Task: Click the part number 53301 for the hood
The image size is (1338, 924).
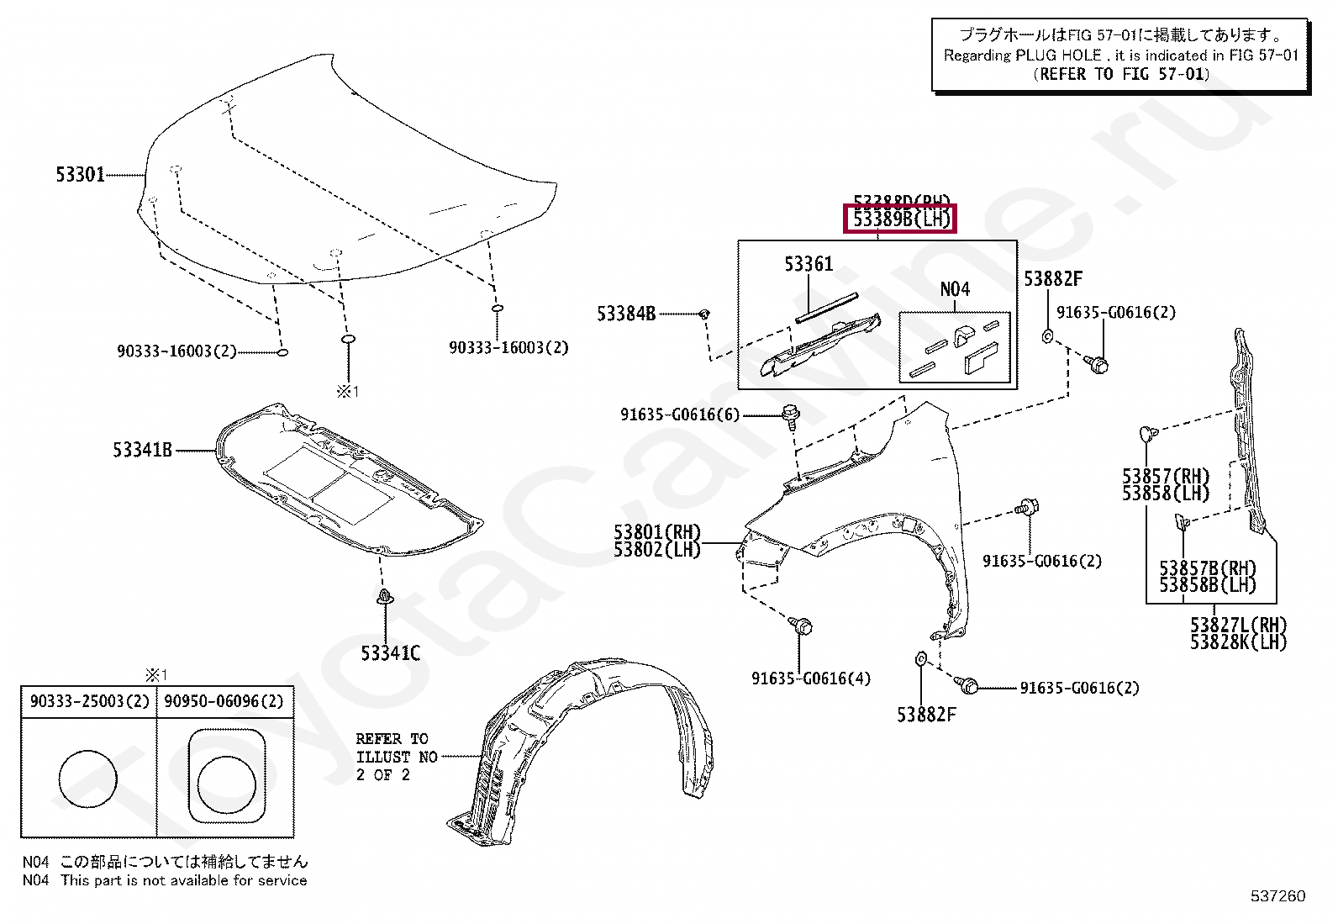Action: pyautogui.click(x=81, y=175)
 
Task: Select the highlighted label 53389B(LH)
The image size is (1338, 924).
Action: pyautogui.click(x=900, y=219)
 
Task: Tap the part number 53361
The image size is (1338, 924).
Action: pyautogui.click(x=809, y=264)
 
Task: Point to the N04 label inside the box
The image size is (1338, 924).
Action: pyautogui.click(x=955, y=289)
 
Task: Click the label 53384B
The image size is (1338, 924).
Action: pyautogui.click(x=626, y=314)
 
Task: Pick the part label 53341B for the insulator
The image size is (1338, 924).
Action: pyautogui.click(x=142, y=451)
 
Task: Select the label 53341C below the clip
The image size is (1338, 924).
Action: pyautogui.click(x=390, y=653)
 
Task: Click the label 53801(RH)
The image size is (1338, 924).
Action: pyautogui.click(x=656, y=532)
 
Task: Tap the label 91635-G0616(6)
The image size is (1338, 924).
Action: pyautogui.click(x=681, y=414)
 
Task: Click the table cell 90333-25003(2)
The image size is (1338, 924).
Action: pyautogui.click(x=89, y=701)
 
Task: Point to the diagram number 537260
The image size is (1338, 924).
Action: pyautogui.click(x=1277, y=896)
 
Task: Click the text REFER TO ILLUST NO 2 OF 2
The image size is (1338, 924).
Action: pyautogui.click(x=396, y=757)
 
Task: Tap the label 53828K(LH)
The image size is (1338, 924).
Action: pyautogui.click(x=1238, y=642)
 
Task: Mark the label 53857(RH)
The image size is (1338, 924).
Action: pyautogui.click(x=1166, y=477)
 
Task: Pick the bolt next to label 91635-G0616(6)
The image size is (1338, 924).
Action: pyautogui.click(x=789, y=414)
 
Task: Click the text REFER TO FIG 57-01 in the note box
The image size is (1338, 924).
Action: pyautogui.click(x=1121, y=74)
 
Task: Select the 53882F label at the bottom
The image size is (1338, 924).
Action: pyautogui.click(x=926, y=715)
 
